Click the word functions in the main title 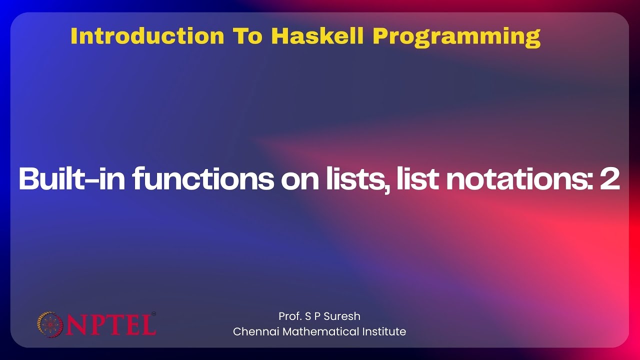tap(203, 179)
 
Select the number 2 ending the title tap(609, 179)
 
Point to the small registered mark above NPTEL tap(153, 314)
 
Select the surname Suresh tap(342, 316)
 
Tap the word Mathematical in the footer tap(317, 331)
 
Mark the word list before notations tap(416, 179)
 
